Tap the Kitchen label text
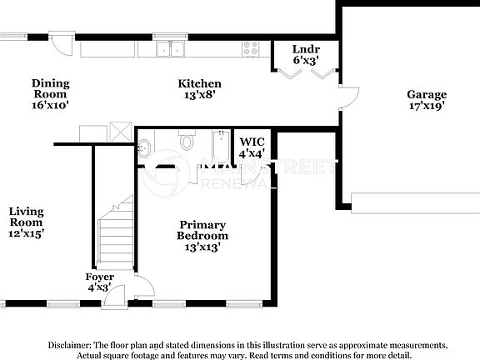pyautogui.click(x=200, y=83)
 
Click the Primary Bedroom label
pyautogui.click(x=202, y=230)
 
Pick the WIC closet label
pyautogui.click(x=251, y=142)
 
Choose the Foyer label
pyautogui.click(x=100, y=276)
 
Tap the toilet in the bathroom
pyautogui.click(x=186, y=141)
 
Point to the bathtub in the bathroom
pyautogui.click(x=221, y=147)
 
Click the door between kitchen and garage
pyautogui.click(x=347, y=100)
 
